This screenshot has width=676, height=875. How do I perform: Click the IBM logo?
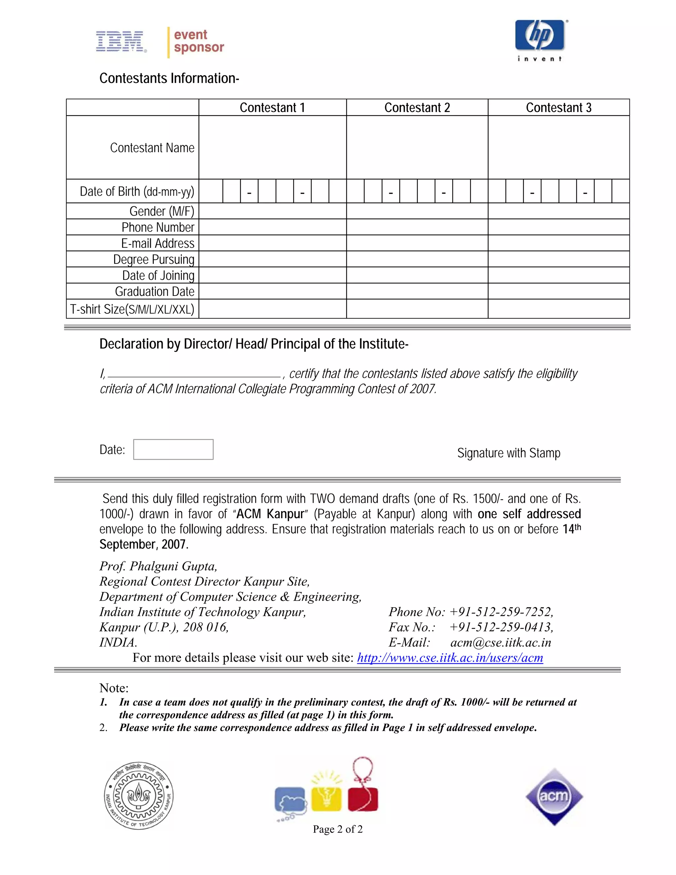tap(120, 42)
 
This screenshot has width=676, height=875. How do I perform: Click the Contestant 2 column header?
tap(417, 107)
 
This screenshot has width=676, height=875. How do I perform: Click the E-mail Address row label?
tap(158, 243)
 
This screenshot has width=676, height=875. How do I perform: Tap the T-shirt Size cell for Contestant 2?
tap(417, 309)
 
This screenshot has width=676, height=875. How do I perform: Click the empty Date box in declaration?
tap(173, 449)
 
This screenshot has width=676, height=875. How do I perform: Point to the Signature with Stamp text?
tap(509, 453)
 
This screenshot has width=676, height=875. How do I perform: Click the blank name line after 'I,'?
tap(194, 373)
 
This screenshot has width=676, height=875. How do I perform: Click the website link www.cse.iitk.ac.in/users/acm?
tap(450, 657)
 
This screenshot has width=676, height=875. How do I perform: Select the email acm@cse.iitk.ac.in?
tap(501, 642)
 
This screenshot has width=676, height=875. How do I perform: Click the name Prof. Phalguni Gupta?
tap(158, 566)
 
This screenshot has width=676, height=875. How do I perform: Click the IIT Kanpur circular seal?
tap(139, 796)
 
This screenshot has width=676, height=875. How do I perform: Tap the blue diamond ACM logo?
tap(554, 796)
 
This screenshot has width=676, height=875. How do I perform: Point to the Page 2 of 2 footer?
tap(338, 829)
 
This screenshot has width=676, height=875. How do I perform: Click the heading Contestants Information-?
tap(169, 78)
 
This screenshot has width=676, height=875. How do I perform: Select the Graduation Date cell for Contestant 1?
tap(272, 291)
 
